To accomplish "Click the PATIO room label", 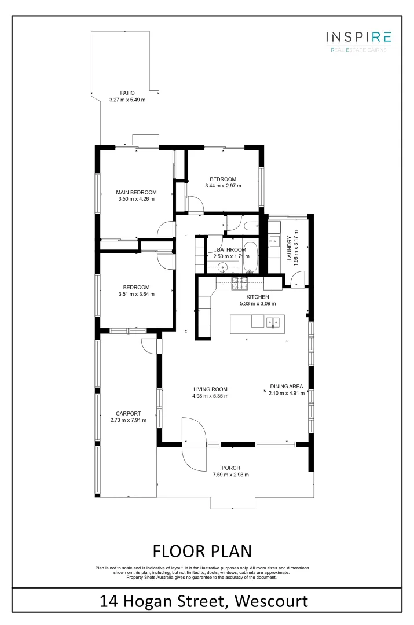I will [x=127, y=93].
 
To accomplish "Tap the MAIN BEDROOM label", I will [x=136, y=193].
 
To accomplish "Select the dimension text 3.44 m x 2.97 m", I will [x=223, y=186].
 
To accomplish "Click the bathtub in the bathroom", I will [x=250, y=258].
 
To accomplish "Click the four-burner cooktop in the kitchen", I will [x=239, y=283].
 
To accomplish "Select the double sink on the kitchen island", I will [x=273, y=322].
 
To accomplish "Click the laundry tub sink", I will [x=274, y=241].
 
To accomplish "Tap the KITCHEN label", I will [x=258, y=297].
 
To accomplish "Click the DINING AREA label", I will [x=287, y=387].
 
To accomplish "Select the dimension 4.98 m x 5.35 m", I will [x=210, y=396].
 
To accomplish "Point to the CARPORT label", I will [x=128, y=413].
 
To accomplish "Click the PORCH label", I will [x=230, y=468].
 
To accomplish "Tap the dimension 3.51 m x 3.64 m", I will [x=136, y=294].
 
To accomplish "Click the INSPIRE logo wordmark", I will [x=358, y=38].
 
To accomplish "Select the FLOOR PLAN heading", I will [x=202, y=549].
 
